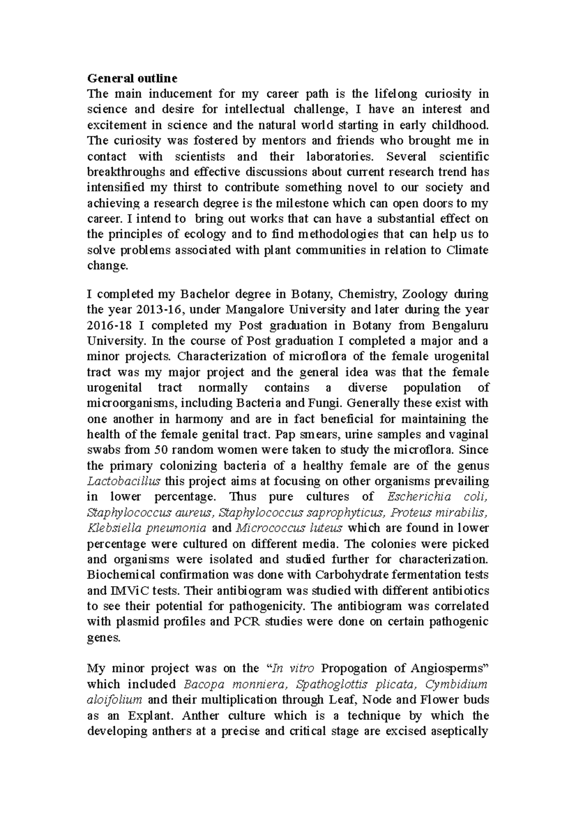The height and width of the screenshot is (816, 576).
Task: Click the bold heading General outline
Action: (132, 78)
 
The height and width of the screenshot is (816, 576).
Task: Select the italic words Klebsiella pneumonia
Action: (147, 528)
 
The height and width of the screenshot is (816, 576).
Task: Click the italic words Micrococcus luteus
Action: (289, 528)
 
